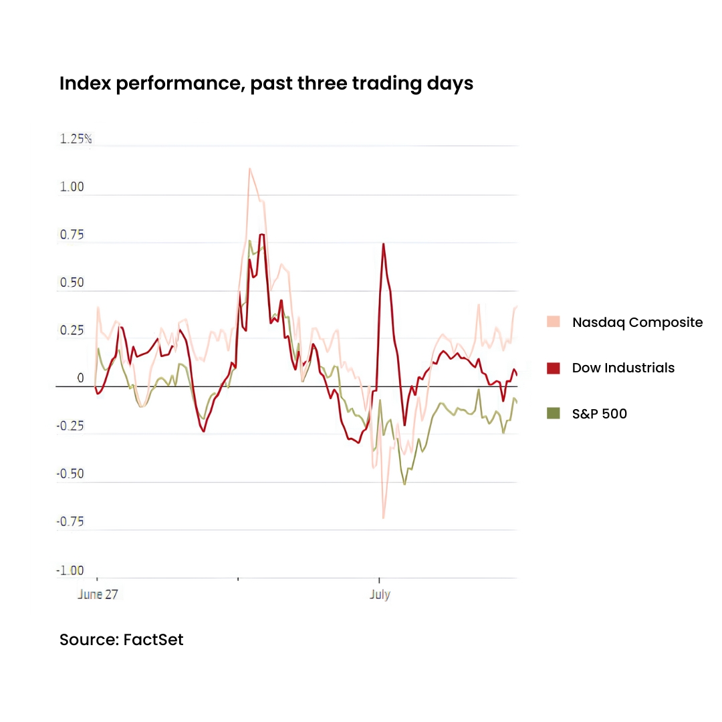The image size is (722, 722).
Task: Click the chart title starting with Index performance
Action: click(x=266, y=84)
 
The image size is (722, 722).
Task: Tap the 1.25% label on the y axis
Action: click(x=76, y=139)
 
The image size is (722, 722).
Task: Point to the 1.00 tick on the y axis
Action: click(x=72, y=187)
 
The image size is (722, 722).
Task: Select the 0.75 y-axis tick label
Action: click(x=72, y=235)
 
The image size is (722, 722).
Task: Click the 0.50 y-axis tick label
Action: click(x=72, y=283)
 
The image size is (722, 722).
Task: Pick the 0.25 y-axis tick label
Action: click(x=72, y=331)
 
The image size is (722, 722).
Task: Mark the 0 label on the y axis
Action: click(x=80, y=378)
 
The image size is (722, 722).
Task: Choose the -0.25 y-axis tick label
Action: click(x=70, y=426)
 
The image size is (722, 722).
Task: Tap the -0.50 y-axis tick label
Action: click(x=70, y=474)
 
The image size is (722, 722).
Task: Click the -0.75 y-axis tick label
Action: click(x=70, y=521)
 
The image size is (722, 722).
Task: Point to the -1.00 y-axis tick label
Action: click(x=70, y=570)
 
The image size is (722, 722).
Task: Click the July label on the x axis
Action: click(x=380, y=594)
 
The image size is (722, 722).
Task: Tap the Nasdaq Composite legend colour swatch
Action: click(x=553, y=322)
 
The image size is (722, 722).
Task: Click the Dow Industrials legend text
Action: click(x=623, y=368)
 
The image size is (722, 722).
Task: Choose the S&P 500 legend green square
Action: click(x=553, y=413)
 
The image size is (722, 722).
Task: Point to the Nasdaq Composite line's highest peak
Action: click(x=249, y=168)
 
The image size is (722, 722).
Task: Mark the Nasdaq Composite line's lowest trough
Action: click(x=383, y=517)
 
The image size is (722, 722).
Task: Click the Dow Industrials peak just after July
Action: click(x=383, y=244)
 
